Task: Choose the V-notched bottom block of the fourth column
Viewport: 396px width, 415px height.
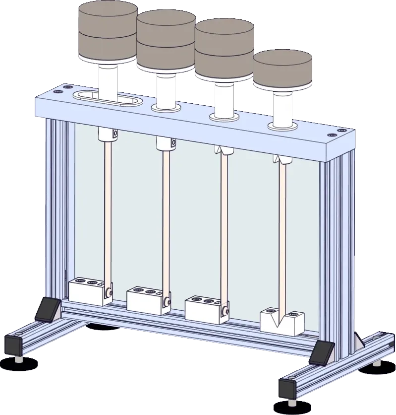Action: click(281, 321)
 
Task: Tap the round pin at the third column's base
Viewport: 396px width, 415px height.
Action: click(226, 311)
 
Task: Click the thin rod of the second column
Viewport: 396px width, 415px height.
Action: click(165, 218)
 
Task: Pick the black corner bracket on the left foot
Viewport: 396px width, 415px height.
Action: click(48, 309)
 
